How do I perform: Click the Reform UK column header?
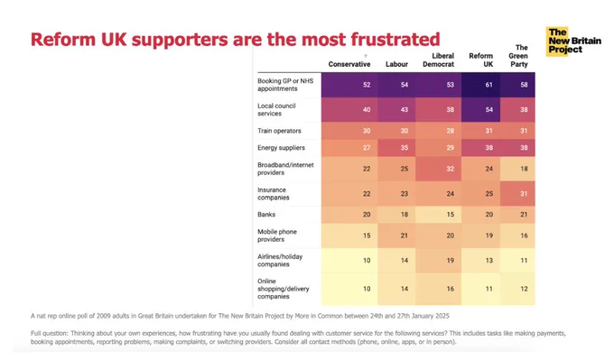tap(481, 60)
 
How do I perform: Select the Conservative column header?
tap(349, 64)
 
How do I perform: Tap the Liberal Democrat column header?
tap(438, 60)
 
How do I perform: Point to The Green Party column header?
tap(518, 56)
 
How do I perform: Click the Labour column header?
tap(396, 64)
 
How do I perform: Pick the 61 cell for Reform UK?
tap(480, 85)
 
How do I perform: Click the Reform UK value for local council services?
tap(480, 109)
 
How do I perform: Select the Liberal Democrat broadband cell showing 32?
tap(438, 169)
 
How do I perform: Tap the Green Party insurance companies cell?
tap(517, 193)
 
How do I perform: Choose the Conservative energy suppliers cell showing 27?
tap(349, 148)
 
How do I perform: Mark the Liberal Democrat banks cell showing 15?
tap(438, 215)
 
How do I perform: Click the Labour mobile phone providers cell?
tap(396, 235)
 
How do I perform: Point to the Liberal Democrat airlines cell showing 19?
tap(438, 260)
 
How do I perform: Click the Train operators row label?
tap(279, 131)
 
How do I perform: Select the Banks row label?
tap(266, 215)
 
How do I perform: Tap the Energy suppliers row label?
tap(281, 148)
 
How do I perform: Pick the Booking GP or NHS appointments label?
tap(285, 85)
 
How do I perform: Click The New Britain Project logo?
tap(573, 42)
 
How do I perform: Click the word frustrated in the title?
tap(395, 39)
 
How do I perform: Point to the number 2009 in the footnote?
tap(104, 316)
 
